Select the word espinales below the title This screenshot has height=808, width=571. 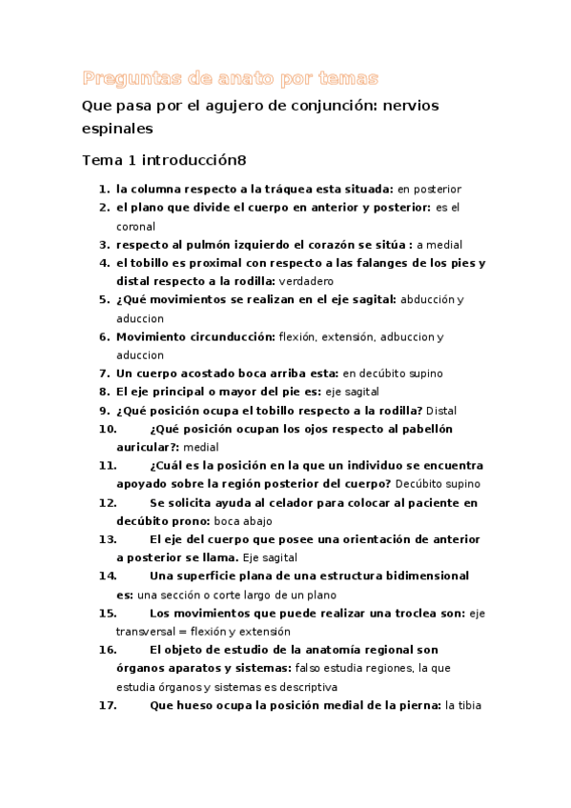(117, 127)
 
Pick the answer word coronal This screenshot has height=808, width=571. (135, 226)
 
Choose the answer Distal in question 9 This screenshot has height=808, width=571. (441, 411)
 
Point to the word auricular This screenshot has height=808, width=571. (146, 447)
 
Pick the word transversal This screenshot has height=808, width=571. (149, 631)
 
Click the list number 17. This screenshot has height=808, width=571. (108, 705)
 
